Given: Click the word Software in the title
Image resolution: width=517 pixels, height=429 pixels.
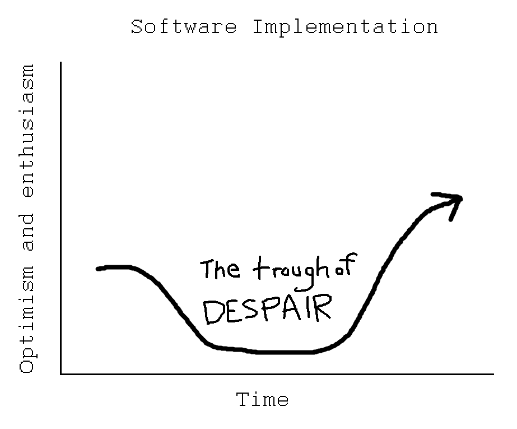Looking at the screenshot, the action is (184, 26).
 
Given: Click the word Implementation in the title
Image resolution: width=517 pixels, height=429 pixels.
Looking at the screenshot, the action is (345, 27).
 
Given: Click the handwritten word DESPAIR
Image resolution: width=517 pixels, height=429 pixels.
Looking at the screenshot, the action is (267, 309).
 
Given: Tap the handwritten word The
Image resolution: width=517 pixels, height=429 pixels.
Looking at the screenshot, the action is (220, 269).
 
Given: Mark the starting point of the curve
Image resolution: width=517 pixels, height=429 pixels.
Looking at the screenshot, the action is (97, 269).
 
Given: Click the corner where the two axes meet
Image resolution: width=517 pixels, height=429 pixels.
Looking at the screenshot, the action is (61, 374).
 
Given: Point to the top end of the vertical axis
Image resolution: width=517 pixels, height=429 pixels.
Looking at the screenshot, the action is (61, 62).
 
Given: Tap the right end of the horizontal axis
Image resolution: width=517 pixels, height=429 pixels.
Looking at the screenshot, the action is (493, 374).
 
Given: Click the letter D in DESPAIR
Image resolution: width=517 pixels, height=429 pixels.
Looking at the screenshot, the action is (213, 312).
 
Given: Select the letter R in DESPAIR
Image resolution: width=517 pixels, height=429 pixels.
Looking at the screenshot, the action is (323, 308).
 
